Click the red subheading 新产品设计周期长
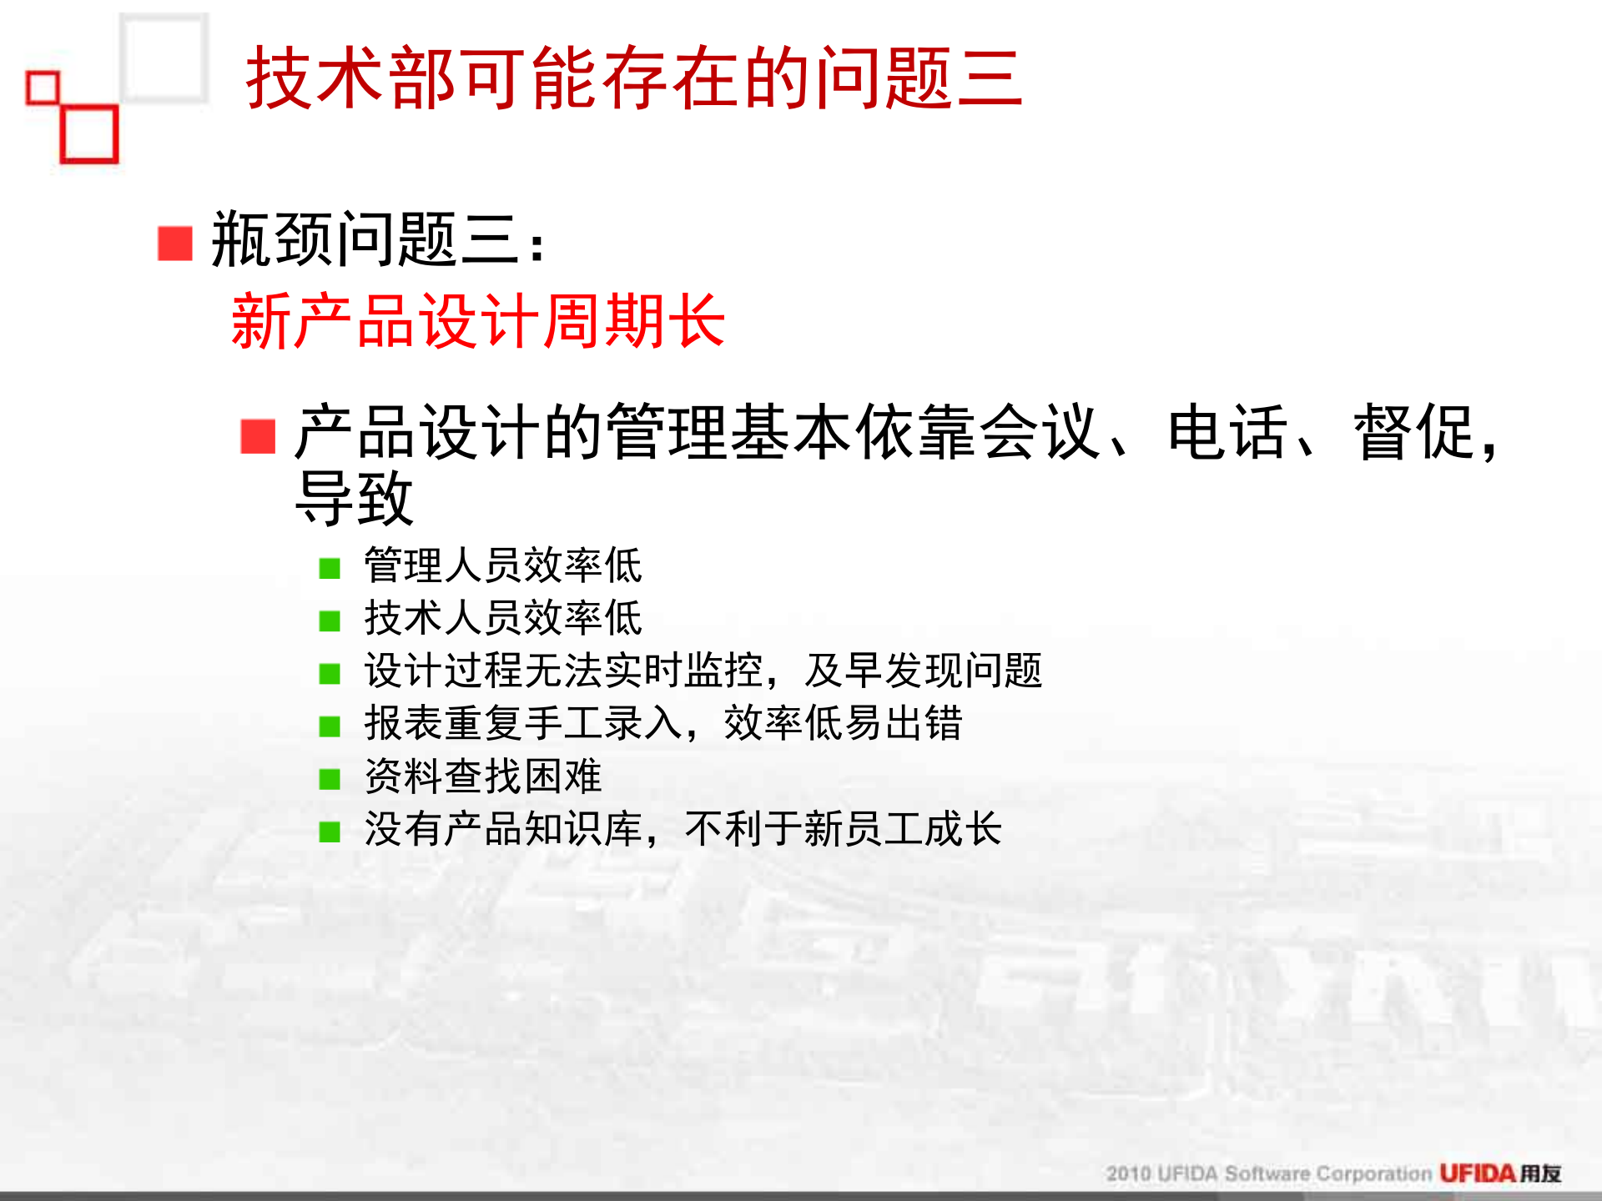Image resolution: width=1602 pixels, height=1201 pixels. [477, 321]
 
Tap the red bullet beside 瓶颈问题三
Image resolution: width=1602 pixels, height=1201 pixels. [175, 244]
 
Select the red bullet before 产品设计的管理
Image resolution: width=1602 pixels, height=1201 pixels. [258, 436]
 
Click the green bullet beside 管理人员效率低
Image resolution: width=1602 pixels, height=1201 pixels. [330, 569]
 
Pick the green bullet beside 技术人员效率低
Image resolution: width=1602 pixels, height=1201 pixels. [330, 621]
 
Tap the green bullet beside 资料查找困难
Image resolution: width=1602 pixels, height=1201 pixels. [330, 780]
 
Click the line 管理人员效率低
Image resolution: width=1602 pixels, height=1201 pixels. [503, 566]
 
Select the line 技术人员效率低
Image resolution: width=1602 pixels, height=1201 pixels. [503, 619]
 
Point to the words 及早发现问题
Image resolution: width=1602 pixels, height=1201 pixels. [924, 671]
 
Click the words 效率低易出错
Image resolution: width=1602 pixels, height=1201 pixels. [843, 724]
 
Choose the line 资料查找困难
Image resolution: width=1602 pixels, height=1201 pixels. [483, 776]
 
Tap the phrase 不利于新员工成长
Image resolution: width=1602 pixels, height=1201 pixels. [843, 829]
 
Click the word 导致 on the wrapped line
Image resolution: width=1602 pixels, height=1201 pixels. [355, 499]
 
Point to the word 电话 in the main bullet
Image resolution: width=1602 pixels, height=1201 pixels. [1227, 433]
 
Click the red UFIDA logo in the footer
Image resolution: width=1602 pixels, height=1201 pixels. [1477, 1173]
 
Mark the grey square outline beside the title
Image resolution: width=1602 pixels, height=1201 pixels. [164, 58]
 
